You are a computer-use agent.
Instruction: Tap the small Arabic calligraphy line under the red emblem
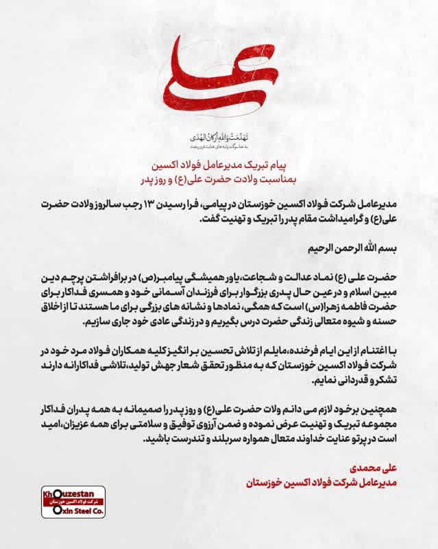tap(218, 137)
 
